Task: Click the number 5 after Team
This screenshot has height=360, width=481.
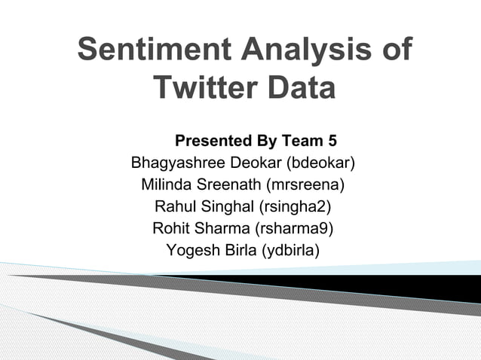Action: [x=332, y=141]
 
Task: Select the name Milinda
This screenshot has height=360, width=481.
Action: [x=168, y=184]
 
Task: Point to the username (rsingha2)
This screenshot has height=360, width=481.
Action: [x=295, y=206]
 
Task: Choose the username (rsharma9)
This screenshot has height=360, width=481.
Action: [x=295, y=227]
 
